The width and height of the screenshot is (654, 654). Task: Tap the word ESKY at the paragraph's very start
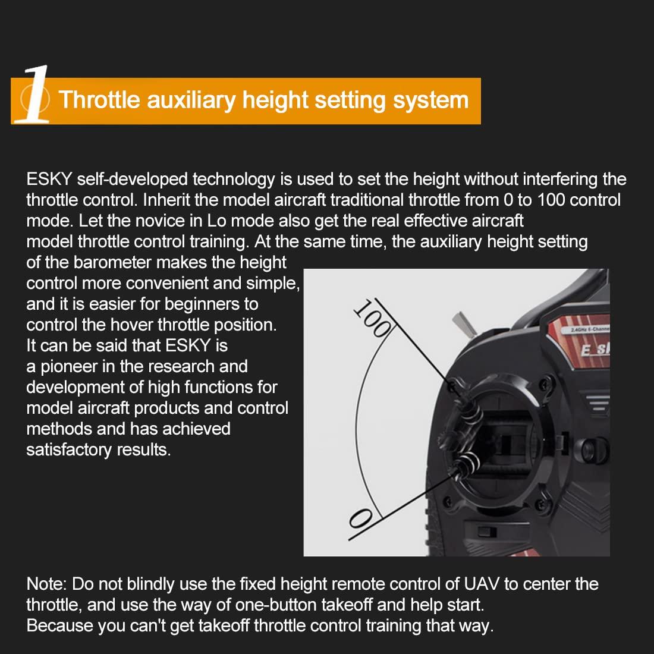coord(48,179)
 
